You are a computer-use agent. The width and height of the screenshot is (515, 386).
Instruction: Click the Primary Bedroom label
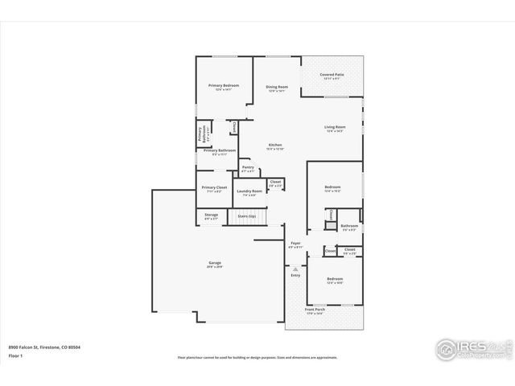point(223,85)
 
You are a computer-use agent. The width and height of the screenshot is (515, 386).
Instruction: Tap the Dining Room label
point(277,87)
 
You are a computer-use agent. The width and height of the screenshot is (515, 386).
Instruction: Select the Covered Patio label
point(332,75)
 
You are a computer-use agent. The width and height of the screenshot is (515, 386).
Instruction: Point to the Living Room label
point(335,127)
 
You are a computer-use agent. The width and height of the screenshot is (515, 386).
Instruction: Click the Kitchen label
point(275,146)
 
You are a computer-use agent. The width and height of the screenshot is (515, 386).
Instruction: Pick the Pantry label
point(248,167)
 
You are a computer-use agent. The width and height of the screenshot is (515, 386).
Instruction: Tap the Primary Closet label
point(214,187)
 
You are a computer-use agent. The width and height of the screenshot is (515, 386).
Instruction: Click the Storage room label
point(211,215)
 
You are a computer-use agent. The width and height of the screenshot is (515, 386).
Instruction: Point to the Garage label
point(215,264)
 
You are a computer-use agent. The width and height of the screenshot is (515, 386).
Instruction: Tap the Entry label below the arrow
point(295,275)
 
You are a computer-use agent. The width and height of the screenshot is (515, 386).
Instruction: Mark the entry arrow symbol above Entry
point(295,267)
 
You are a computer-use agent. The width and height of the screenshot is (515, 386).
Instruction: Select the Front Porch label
point(315,310)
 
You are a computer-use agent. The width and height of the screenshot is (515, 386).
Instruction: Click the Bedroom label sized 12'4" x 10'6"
point(334,279)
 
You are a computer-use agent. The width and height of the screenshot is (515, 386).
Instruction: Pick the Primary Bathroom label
point(220,150)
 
